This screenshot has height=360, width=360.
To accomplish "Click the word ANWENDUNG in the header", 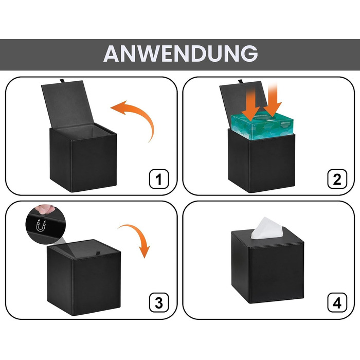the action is pos(181,53).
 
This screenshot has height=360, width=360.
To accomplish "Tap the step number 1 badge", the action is pos(159,179).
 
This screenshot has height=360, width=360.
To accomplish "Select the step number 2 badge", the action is pos(337,179).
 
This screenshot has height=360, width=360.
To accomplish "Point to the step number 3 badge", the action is pos(159,302).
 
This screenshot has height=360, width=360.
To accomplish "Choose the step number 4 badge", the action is pos(337,302).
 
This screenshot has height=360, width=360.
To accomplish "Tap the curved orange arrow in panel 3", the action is pos(140,234).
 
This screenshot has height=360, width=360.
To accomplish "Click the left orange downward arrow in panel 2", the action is pos(250,104).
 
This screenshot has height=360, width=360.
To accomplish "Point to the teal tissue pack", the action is pos(262,127).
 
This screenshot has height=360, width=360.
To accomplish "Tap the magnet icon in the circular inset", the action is pos(41,225).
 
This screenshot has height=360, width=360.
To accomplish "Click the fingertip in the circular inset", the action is pos(45,209).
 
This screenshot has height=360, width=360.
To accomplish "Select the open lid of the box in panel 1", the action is pos(67,104).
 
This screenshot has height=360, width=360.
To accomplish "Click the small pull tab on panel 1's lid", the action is pos(63,81).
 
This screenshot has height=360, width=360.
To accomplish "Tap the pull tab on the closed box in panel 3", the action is pos(99,254).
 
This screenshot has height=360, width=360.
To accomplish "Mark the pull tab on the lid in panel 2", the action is pos(241,81).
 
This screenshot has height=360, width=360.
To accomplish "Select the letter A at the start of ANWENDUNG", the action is pos(111,53).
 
